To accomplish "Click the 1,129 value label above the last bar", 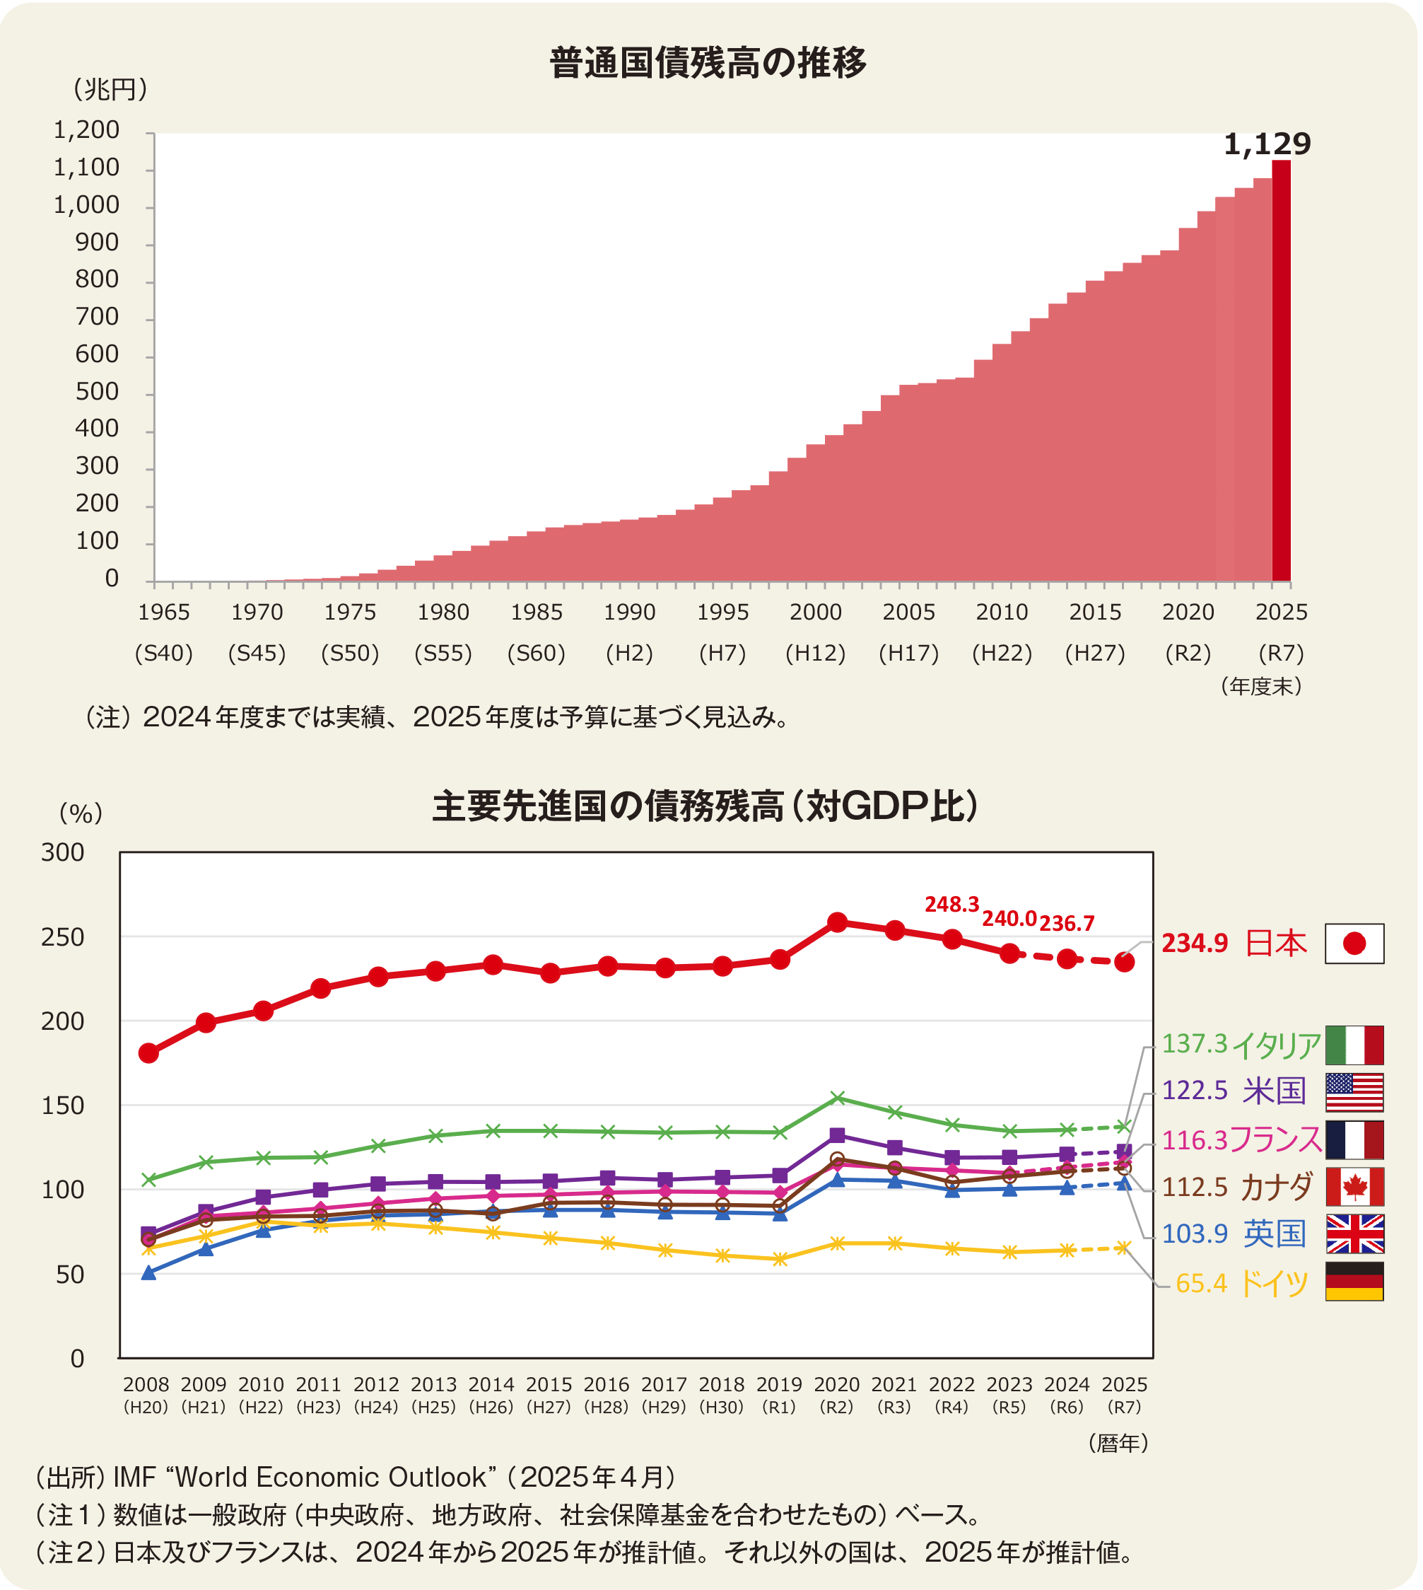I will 1267,144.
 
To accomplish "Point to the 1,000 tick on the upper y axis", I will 86,205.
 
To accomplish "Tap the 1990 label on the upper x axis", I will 629,612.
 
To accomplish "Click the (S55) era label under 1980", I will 443,653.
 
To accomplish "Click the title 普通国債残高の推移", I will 708,62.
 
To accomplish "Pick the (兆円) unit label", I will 110,89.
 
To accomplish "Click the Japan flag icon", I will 1354,944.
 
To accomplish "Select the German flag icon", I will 1354,1281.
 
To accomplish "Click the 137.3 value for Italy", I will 1195,1043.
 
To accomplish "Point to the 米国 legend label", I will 1275,1090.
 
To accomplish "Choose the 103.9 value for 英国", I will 1195,1234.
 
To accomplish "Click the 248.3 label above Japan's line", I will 951,904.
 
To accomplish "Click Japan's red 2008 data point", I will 148,1052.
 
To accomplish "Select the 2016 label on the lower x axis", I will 607,1384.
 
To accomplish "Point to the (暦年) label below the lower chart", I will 1118,1443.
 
